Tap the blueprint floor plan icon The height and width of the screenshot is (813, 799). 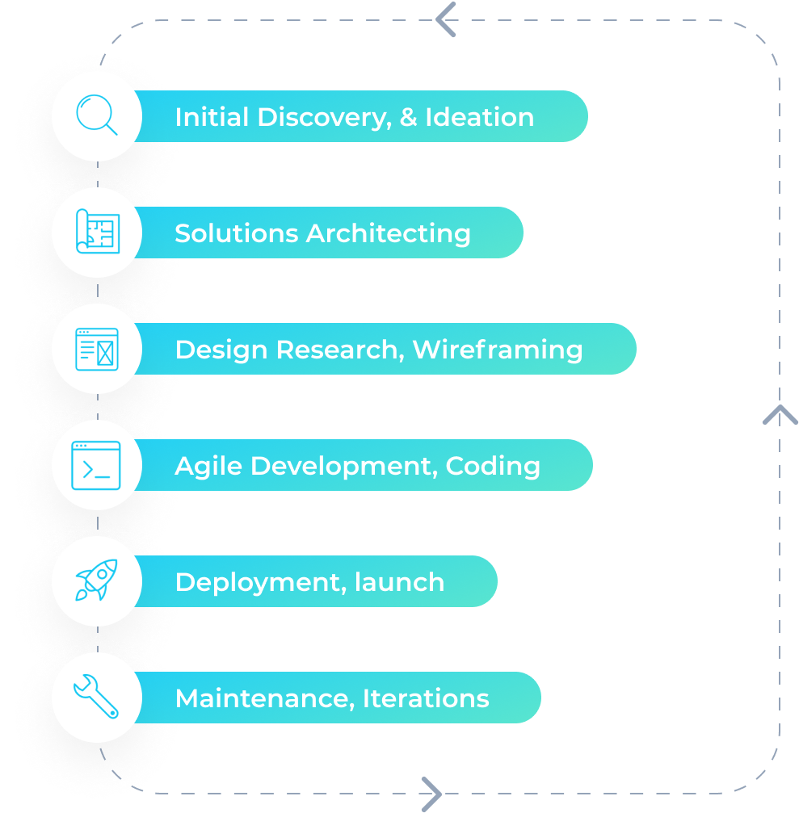pos(97,232)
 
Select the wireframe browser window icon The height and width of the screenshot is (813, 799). pos(97,349)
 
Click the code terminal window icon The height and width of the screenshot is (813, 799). pos(96,465)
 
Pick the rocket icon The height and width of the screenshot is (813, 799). pos(96,580)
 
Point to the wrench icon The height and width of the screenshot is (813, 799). pos(96,697)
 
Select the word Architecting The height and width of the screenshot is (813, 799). pos(389,233)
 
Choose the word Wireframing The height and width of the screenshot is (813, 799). pos(497,350)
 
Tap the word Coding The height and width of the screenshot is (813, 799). pos(493,466)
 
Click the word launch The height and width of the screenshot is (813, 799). pos(400,582)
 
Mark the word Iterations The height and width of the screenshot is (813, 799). pos(426,698)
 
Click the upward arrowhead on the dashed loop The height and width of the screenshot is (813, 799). pos(780,415)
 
